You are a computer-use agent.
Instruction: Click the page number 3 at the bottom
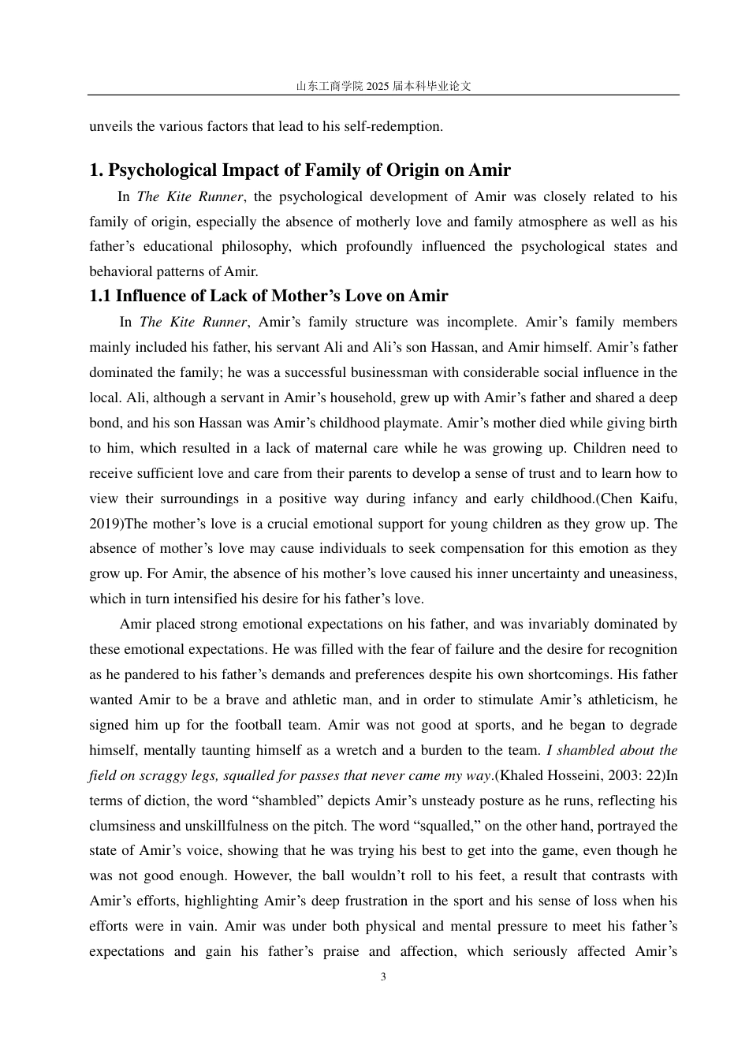383,977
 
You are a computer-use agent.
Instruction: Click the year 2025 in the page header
378,87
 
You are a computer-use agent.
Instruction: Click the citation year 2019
106,524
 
